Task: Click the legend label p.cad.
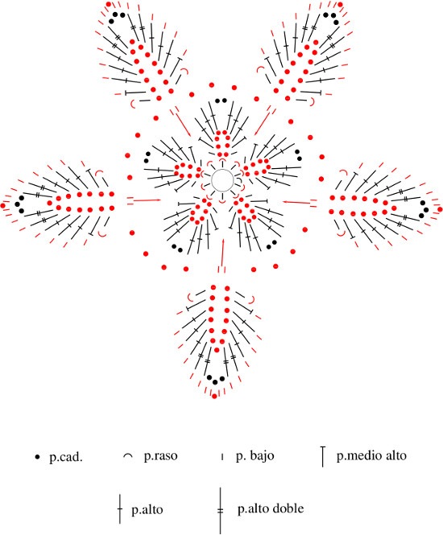(66, 456)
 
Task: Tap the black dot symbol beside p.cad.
(38, 456)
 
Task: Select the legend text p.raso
(160, 456)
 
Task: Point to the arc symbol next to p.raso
(128, 455)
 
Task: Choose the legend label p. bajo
(255, 456)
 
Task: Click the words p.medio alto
(371, 455)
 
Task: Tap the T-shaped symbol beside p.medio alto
(322, 456)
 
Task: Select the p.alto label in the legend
(147, 510)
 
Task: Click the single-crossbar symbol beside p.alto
(120, 508)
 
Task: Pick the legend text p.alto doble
(271, 508)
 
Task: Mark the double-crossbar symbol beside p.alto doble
(221, 510)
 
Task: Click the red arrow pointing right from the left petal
(147, 200)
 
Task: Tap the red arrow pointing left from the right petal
(296, 202)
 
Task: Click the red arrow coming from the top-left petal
(184, 124)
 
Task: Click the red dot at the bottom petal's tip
(214, 396)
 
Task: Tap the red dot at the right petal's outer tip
(440, 209)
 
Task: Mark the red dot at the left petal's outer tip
(3, 205)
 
